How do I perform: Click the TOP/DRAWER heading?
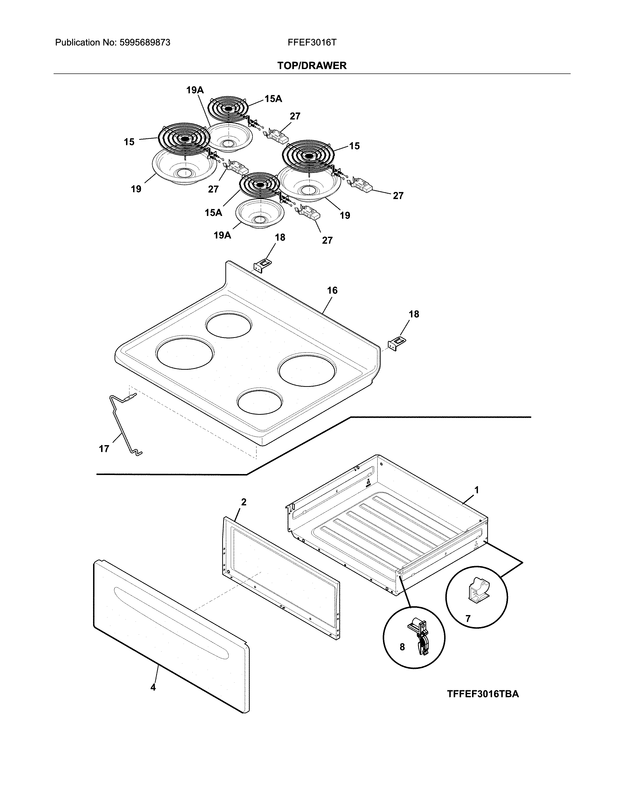tap(312, 66)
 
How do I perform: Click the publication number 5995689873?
tap(145, 43)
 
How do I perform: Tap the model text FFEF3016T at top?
tap(312, 43)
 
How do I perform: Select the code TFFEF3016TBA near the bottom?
tap(483, 694)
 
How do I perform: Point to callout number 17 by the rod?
tap(104, 449)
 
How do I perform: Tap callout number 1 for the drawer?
tap(476, 490)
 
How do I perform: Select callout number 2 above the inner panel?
tap(244, 502)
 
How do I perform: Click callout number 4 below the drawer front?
tap(153, 687)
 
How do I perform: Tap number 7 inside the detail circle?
tap(468, 618)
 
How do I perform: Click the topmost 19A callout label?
tap(195, 90)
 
